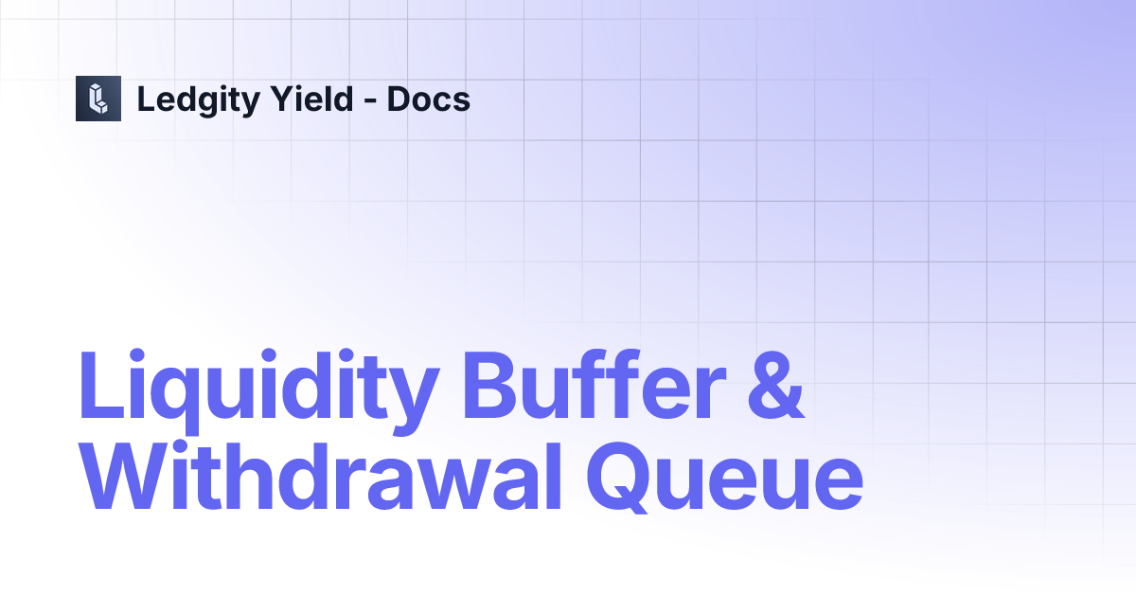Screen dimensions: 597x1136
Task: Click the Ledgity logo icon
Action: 98,99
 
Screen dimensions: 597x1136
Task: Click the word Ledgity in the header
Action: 193,99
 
